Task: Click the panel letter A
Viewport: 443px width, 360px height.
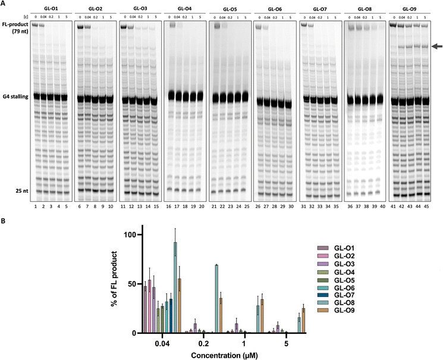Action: (x=4, y=4)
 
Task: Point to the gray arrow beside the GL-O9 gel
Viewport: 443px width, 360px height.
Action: (x=437, y=46)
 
